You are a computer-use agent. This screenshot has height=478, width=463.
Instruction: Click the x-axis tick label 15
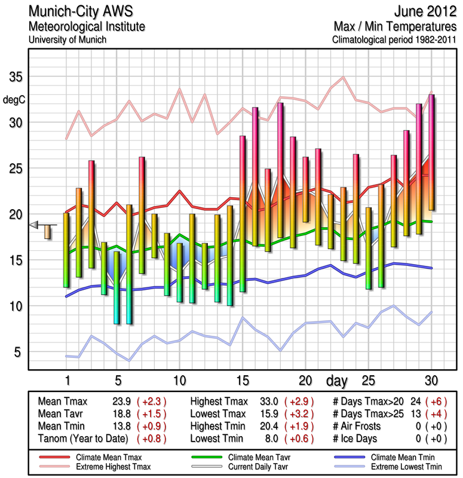tap(243, 380)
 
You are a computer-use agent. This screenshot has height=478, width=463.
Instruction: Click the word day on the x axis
tap(338, 380)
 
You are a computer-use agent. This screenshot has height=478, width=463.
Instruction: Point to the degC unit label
tap(16, 99)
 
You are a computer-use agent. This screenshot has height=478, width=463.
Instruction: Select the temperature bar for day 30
tap(431, 152)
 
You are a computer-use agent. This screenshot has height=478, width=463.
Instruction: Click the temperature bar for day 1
tap(66, 250)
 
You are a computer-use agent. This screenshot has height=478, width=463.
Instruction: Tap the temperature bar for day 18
tap(280, 170)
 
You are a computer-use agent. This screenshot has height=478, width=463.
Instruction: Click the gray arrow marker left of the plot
tap(35, 224)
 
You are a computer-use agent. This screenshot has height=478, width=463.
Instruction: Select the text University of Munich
tap(68, 39)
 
